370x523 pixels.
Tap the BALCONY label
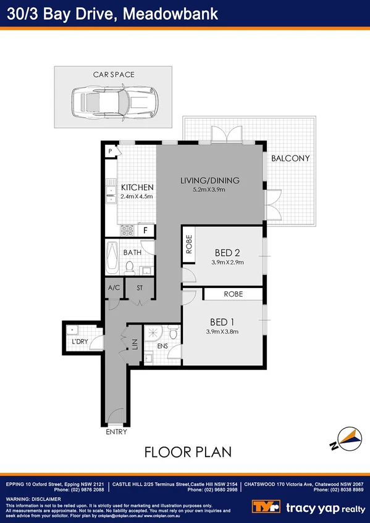coord(290,159)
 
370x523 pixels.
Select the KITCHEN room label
coord(136,187)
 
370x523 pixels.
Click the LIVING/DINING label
coord(209,181)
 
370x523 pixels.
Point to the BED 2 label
coord(227,252)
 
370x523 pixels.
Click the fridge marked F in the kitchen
coord(146,231)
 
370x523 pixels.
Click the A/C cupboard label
coord(113,288)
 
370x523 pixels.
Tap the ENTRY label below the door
coord(116,432)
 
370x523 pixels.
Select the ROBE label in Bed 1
coord(233,295)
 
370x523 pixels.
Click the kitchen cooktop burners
coord(128,231)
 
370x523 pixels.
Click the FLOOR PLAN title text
coord(188,452)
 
